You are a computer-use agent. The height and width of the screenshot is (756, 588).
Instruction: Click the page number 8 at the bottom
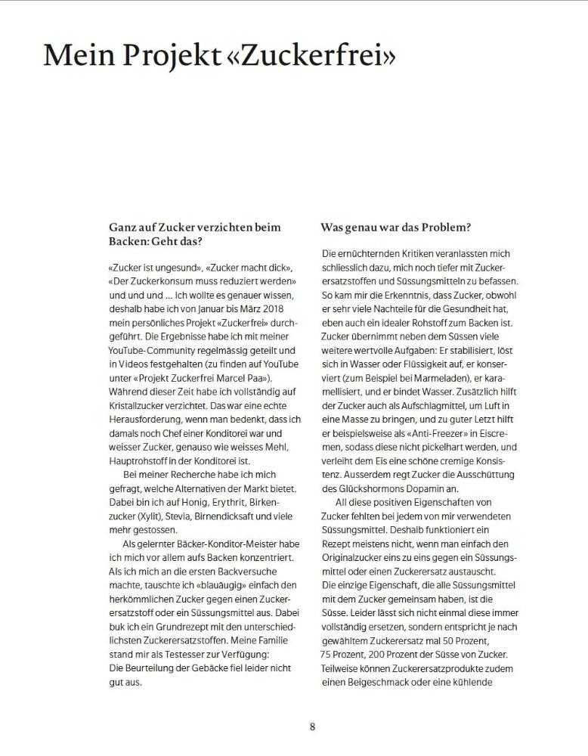(x=312, y=727)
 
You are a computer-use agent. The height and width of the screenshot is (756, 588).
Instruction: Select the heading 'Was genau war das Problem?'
(x=396, y=227)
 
